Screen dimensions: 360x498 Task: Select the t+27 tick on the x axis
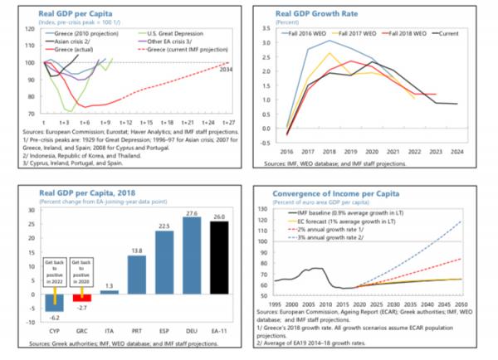click(x=228, y=120)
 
